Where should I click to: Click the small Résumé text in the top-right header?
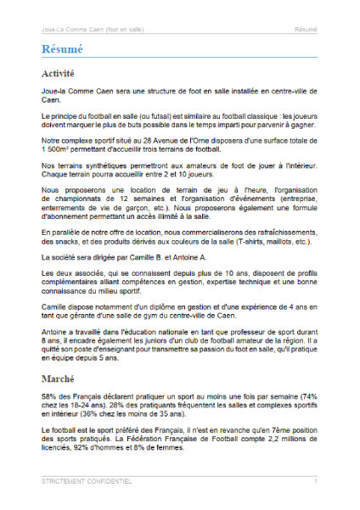[x=307, y=29]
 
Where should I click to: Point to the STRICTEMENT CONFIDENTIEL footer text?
[x=86, y=481]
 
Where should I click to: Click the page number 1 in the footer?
[x=315, y=481]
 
